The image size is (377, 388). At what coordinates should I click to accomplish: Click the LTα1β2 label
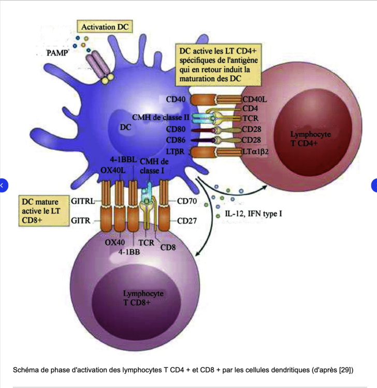[257, 151]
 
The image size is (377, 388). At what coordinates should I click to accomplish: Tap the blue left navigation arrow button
[3, 184]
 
